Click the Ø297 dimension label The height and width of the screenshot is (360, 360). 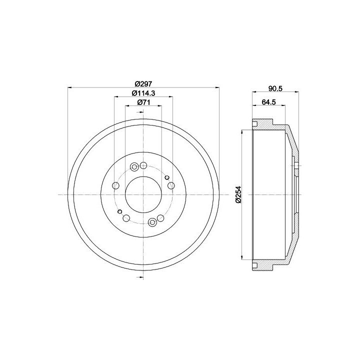143,84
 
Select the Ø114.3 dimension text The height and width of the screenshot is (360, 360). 143,93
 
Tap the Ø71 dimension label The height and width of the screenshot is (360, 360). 143,102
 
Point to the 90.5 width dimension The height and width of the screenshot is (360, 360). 275,88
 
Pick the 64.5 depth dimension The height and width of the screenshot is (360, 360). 268,102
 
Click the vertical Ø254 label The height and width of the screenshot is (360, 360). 239,194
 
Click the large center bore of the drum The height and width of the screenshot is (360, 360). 143,194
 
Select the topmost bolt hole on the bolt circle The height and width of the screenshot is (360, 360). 143,165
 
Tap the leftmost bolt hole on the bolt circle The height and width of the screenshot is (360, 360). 115,185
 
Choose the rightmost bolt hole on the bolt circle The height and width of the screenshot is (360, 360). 171,185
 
